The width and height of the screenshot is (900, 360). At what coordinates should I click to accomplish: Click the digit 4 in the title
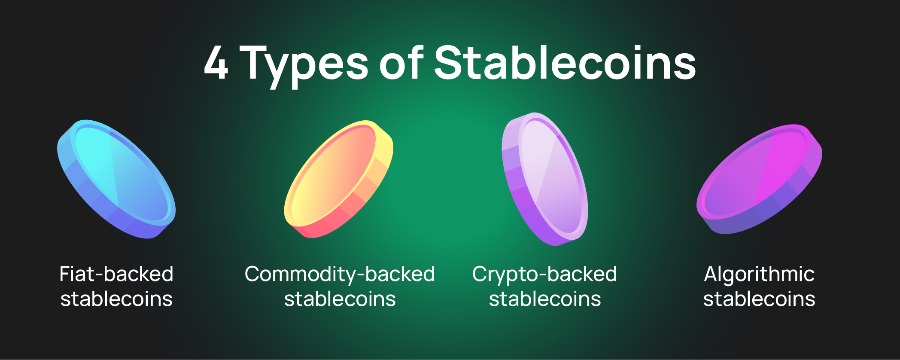click(x=216, y=63)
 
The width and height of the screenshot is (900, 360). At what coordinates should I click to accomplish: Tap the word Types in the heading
click(x=304, y=64)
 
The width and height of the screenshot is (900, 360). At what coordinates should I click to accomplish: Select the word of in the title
click(x=401, y=63)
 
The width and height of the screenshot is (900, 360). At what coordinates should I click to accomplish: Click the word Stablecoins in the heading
click(x=565, y=63)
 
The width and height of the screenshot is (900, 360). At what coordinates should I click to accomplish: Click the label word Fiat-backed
click(x=116, y=274)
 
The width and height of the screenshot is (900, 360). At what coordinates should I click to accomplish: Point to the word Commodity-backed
click(x=340, y=274)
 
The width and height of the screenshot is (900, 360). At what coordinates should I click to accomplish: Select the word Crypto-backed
click(x=544, y=274)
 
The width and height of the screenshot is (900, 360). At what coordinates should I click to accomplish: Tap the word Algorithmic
click(x=759, y=274)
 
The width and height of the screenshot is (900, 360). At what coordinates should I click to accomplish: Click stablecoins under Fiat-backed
click(x=116, y=299)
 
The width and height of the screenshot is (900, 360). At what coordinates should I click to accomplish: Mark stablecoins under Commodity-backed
click(x=340, y=299)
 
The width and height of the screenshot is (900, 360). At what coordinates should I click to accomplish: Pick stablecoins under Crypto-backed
click(x=544, y=299)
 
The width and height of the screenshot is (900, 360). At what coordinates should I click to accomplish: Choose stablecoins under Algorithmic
click(x=759, y=299)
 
